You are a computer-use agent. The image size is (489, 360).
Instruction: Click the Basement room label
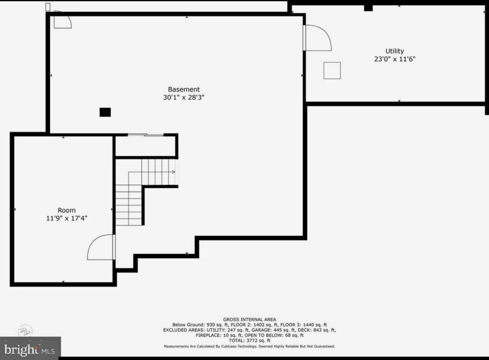coord(183,89)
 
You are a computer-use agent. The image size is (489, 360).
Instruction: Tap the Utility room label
coord(395,51)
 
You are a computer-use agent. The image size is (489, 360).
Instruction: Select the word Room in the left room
coord(67,210)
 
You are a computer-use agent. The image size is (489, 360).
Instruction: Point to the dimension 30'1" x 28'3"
coord(183,97)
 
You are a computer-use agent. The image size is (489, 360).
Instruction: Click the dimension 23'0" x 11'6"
coord(395,59)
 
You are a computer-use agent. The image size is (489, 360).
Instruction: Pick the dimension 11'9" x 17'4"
coord(67,218)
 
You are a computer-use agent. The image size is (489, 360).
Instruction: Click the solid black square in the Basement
coord(105,112)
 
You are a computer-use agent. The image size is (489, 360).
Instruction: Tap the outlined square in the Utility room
coord(332,71)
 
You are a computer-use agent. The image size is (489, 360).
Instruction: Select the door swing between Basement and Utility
coord(318,38)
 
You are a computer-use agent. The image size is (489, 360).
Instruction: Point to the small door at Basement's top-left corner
coord(62,21)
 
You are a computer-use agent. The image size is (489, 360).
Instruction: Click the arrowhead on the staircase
coord(173,172)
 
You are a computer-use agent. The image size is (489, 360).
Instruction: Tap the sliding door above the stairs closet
coord(145,134)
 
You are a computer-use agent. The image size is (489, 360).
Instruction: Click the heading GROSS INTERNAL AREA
coord(249,319)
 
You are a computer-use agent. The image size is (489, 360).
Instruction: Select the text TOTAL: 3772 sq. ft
coord(249,340)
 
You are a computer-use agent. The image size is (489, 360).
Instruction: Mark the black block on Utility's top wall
coord(368,8)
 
